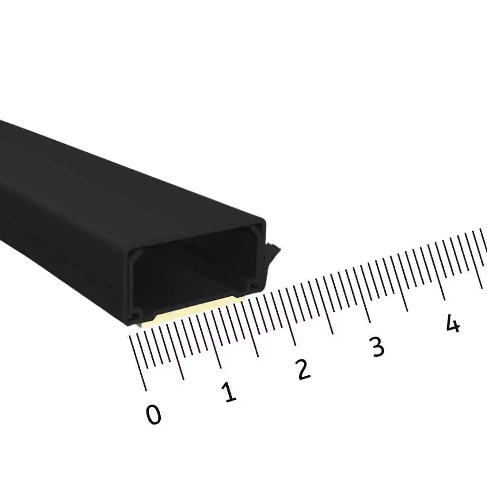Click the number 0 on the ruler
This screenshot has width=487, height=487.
154,414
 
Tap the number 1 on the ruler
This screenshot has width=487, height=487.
229,392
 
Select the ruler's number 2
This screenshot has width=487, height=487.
303,370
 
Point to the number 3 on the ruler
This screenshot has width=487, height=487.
377,347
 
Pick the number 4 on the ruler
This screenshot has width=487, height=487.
453,323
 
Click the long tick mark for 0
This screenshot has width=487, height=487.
137,363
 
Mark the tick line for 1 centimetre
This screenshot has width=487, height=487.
213,341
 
